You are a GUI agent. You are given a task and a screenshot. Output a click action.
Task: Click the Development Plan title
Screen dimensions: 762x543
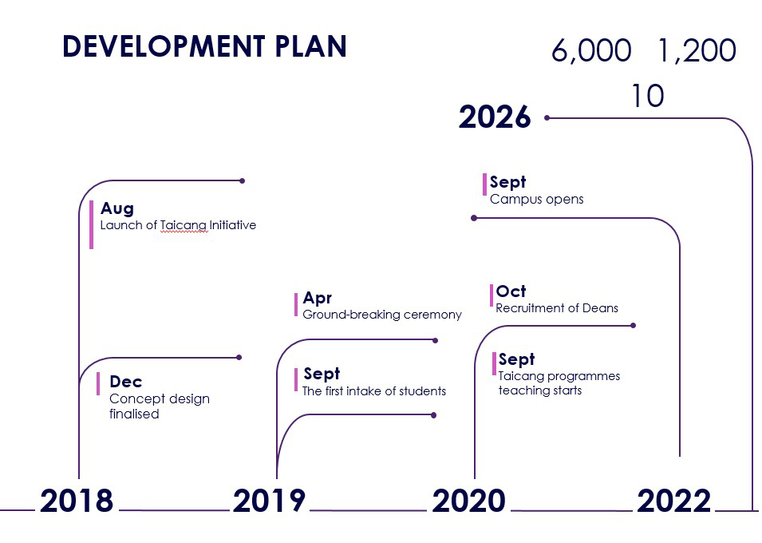click(204, 46)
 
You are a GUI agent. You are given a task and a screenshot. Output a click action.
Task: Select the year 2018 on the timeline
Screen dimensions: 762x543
click(77, 501)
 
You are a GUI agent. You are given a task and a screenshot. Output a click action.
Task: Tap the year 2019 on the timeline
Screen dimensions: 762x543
click(269, 501)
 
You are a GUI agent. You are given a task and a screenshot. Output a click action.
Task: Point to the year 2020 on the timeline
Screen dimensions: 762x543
click(468, 501)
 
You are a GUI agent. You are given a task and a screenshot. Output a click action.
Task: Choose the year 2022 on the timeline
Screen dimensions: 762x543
click(674, 501)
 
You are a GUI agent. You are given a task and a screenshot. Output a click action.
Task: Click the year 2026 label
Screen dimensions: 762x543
click(495, 117)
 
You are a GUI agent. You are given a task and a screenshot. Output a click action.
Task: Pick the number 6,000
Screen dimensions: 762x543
click(591, 50)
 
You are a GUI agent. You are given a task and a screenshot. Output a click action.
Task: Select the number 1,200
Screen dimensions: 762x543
click(697, 50)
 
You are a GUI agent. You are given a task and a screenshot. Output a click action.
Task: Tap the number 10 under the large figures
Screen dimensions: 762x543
click(648, 96)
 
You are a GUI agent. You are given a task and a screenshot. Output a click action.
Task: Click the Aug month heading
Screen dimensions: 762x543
click(117, 208)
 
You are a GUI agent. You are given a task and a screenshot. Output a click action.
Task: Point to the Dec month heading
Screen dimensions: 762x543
click(126, 382)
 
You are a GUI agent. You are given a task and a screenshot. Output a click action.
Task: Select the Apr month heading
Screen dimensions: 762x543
click(318, 298)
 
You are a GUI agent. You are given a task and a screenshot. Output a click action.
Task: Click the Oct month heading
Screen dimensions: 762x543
click(511, 291)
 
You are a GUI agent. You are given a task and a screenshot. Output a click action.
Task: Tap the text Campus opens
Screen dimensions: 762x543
click(536, 200)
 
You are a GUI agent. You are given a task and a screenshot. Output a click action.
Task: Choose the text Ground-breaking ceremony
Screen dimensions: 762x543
click(382, 315)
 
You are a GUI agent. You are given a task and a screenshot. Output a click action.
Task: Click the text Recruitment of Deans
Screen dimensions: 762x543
click(557, 308)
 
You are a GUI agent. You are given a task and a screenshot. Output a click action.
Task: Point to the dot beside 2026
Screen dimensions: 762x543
click(547, 117)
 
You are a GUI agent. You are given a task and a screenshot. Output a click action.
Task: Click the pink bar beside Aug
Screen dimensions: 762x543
click(92, 225)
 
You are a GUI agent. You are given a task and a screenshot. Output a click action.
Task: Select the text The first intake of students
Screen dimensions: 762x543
click(374, 391)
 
